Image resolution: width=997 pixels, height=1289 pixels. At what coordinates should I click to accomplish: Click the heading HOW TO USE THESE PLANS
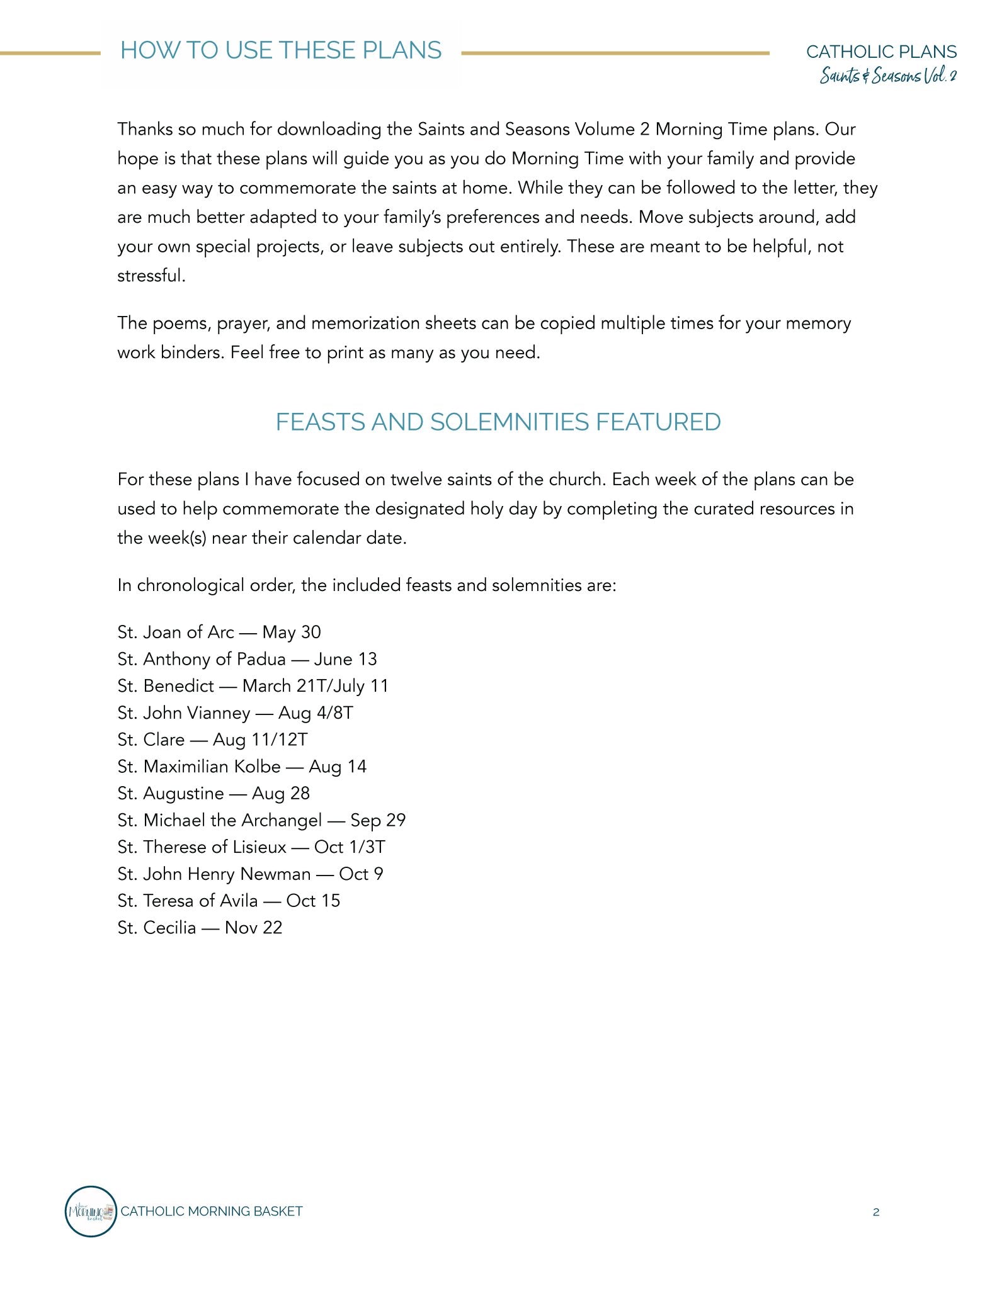coord(281,50)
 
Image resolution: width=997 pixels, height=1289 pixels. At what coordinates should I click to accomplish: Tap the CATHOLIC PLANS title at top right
coord(881,52)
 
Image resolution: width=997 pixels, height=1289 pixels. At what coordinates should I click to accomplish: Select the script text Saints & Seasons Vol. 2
coord(887,76)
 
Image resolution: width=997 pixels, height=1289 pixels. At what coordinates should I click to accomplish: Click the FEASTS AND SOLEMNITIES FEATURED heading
coord(498,422)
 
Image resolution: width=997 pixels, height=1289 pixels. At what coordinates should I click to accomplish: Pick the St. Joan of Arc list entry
coord(219,632)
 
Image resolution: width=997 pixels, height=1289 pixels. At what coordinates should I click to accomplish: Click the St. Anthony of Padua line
coord(247,659)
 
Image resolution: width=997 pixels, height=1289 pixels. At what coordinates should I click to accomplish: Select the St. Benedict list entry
coord(253,685)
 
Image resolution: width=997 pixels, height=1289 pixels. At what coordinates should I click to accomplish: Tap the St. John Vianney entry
coord(235,712)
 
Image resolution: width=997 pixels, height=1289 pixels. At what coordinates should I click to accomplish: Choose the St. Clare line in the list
coord(212,740)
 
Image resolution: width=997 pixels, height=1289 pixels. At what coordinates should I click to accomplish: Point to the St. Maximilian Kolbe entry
coord(242,767)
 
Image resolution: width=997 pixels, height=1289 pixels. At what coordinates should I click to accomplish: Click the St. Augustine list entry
coord(214,793)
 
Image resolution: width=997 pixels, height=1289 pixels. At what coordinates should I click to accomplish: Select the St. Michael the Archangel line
coord(261,820)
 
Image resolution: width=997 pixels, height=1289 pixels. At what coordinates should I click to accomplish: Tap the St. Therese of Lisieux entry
coord(251,847)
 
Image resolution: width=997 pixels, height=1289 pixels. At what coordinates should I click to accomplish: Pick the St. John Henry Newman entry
coord(250,874)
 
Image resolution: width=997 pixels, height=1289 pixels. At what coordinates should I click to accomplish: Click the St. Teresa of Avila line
coord(229,901)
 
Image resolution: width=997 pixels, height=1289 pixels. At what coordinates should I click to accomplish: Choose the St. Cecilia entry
coord(200,928)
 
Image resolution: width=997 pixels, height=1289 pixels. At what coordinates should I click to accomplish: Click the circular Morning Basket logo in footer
coord(91,1212)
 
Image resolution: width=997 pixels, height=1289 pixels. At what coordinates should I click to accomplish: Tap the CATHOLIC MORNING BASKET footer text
coord(212,1212)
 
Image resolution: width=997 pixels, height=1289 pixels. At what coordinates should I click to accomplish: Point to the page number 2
coord(876,1212)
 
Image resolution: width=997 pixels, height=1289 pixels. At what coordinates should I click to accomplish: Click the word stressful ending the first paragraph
coord(151,276)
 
